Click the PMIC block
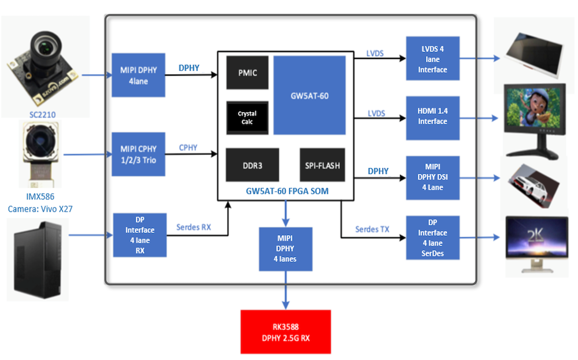(247, 73)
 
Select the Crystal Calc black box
(247, 118)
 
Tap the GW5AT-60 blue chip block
(309, 95)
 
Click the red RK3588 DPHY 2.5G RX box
(286, 332)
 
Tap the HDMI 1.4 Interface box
(432, 118)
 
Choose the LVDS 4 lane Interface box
(432, 59)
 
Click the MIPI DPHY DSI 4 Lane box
(432, 177)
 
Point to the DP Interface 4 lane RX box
(140, 235)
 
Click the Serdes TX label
(372, 229)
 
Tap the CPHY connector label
(188, 148)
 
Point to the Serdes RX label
(194, 228)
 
